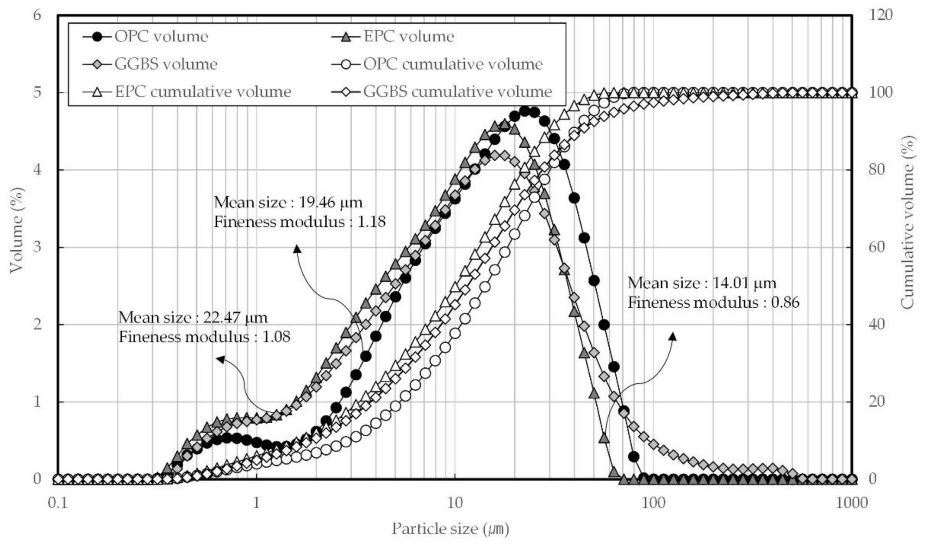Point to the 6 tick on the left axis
(x=37, y=15)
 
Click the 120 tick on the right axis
(x=880, y=15)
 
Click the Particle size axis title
(x=450, y=529)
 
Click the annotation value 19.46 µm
(x=330, y=202)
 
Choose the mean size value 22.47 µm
(x=235, y=317)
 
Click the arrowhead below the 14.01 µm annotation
(x=673, y=337)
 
